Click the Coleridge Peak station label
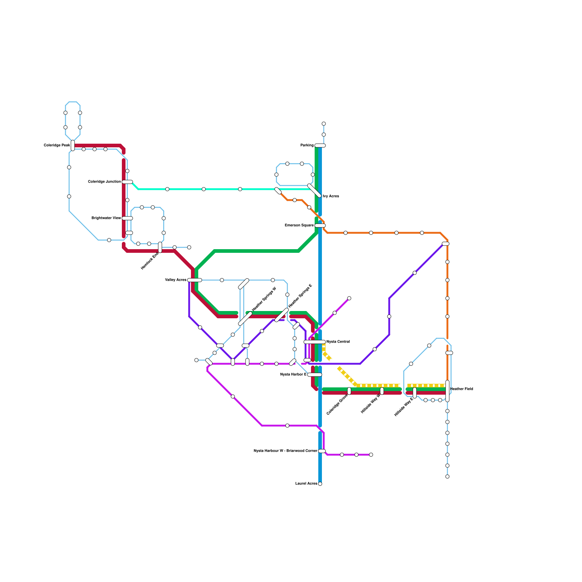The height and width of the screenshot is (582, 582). point(57,145)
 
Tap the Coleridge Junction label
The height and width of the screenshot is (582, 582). point(104,182)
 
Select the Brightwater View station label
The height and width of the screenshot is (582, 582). point(106,218)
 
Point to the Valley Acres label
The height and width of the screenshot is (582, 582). point(176,280)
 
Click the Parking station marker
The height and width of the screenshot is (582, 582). point(320,145)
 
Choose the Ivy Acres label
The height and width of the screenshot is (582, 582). point(331,196)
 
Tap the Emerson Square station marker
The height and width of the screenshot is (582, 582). point(320,226)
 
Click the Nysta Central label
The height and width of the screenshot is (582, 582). point(338,342)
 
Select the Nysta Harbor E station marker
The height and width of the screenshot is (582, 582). point(315,375)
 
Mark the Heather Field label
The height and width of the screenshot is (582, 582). point(462,389)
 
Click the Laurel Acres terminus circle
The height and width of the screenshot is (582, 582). point(320,484)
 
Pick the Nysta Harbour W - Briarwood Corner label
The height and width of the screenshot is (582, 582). point(286,451)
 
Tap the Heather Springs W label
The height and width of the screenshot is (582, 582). point(264,299)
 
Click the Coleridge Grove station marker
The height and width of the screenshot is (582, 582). point(349,391)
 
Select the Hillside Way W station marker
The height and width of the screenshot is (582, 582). point(382,391)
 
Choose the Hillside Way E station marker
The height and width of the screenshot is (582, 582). point(415,393)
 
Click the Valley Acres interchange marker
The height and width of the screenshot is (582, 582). point(195,280)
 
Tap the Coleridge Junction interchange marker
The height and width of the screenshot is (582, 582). point(127,182)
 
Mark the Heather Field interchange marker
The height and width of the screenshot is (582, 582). point(447,391)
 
